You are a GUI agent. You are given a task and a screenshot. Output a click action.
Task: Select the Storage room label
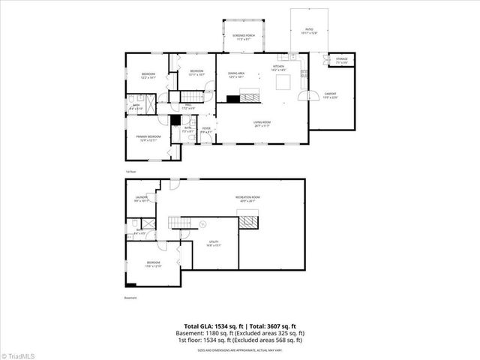(x=342, y=59)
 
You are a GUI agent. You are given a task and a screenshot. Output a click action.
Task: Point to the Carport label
(x=330, y=94)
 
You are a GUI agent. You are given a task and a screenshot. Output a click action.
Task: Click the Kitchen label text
(x=277, y=67)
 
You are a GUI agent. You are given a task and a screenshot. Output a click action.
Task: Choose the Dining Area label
(x=236, y=74)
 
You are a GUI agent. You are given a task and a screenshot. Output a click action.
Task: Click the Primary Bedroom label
(x=148, y=137)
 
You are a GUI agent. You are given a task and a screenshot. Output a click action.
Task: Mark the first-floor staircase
(x=193, y=96)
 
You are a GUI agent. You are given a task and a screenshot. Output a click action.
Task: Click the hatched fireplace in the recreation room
(x=249, y=219)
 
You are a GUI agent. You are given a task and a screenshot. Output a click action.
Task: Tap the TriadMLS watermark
(x=19, y=354)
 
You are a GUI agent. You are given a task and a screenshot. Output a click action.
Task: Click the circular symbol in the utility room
(x=202, y=223)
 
